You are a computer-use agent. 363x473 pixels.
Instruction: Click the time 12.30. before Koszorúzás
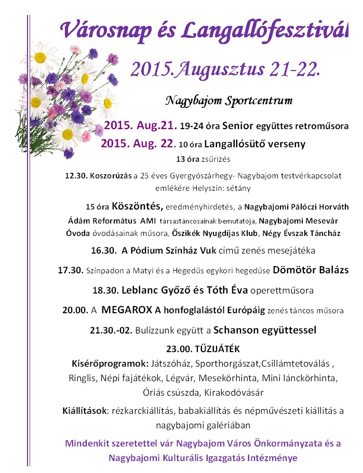(x=76, y=176)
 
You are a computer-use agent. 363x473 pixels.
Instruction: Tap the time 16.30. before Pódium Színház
(x=103, y=251)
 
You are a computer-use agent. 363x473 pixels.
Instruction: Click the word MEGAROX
(x=127, y=310)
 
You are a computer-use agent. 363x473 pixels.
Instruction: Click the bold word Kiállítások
(x=84, y=411)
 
